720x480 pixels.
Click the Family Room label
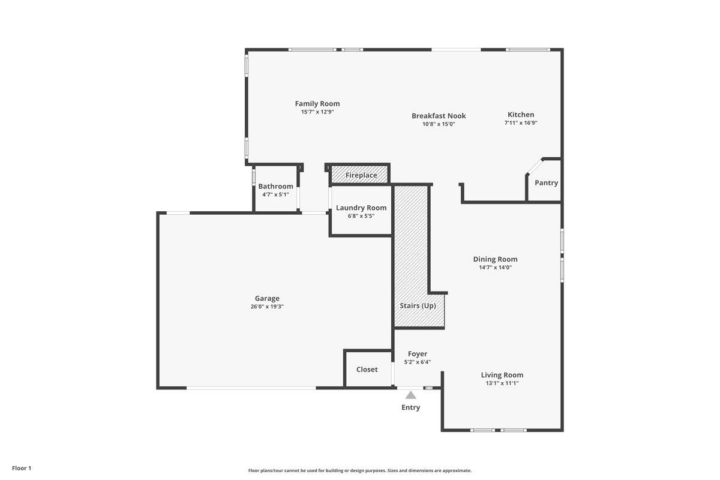coord(317,104)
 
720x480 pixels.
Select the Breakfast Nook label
coord(439,116)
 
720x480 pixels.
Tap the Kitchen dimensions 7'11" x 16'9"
coord(520,123)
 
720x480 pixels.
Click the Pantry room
coord(546,182)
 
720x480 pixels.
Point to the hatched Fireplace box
coord(361,175)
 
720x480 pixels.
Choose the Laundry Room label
coord(361,208)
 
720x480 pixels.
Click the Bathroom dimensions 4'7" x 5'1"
coord(275,194)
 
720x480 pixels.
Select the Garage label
coord(267,298)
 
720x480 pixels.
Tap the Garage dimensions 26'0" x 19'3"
coord(267,307)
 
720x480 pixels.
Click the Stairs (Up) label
coord(418,305)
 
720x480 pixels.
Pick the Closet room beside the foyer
coord(367,369)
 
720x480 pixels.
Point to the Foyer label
coord(417,354)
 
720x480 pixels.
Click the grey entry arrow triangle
coord(410,395)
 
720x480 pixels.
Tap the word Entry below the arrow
coord(410,407)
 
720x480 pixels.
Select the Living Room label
coord(502,375)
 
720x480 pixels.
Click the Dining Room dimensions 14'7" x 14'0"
coord(495,268)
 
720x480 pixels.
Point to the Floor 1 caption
coord(22,468)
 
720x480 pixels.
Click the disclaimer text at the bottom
coord(359,470)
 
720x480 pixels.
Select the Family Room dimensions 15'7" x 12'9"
coord(317,112)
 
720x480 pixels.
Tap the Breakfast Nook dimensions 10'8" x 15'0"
coord(439,124)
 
